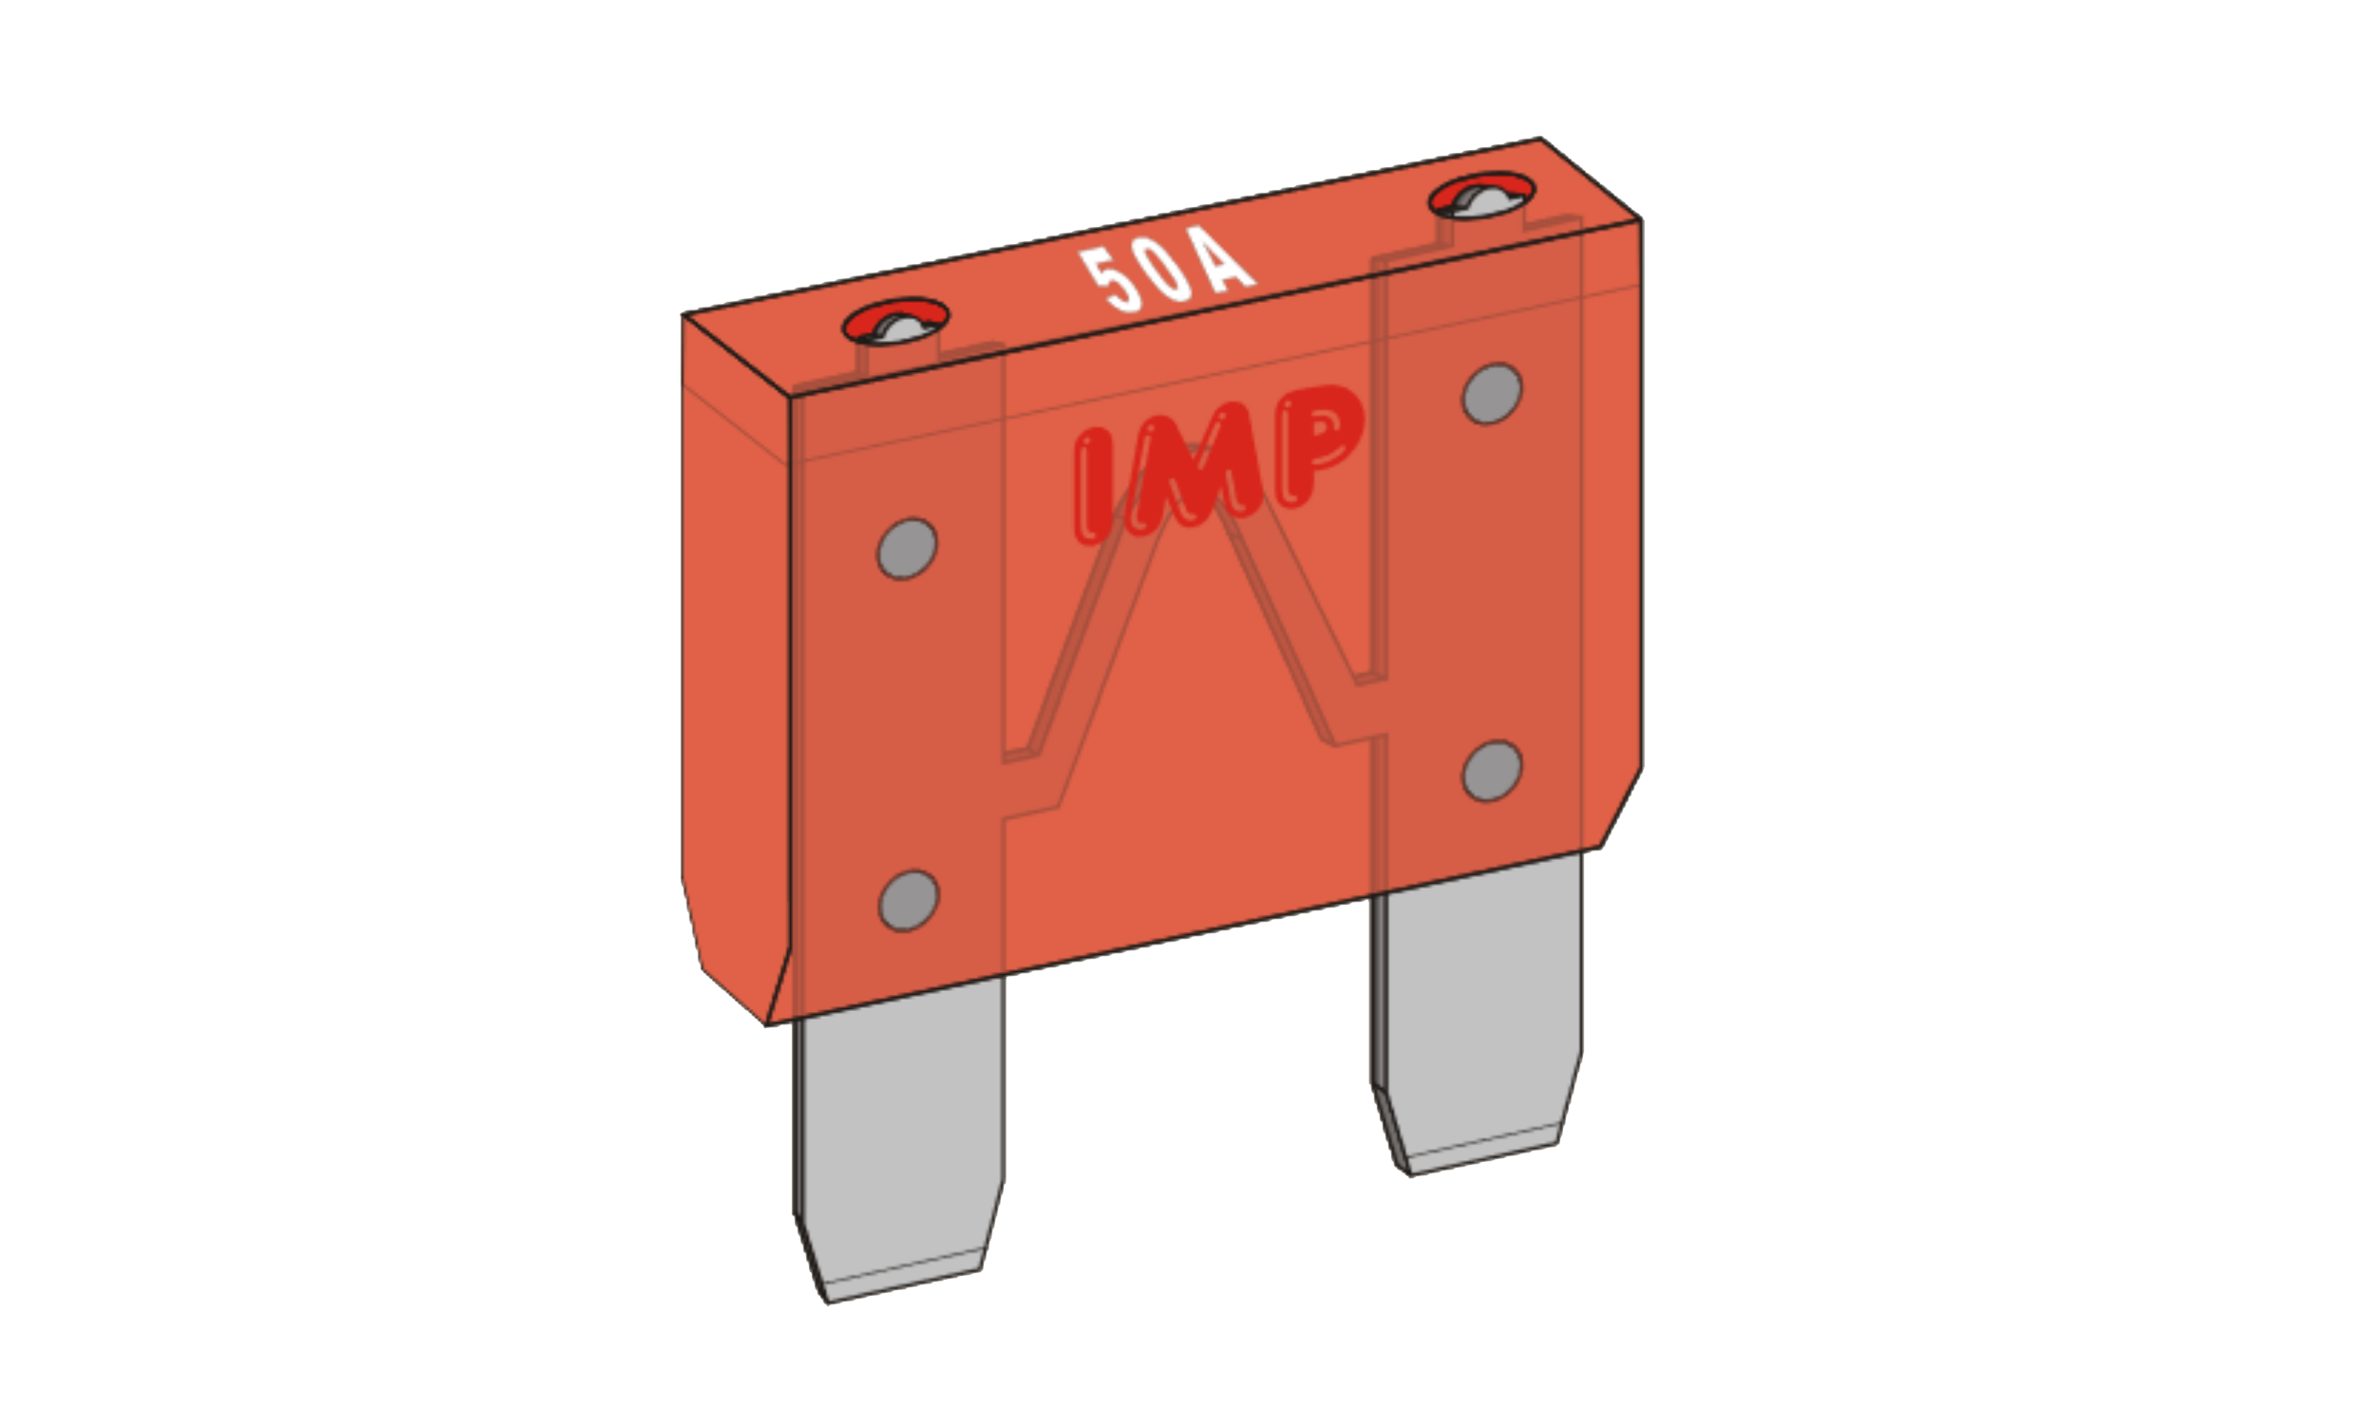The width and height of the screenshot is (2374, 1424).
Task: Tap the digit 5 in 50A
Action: tap(1111, 281)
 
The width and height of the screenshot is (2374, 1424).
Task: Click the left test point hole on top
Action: tap(896, 322)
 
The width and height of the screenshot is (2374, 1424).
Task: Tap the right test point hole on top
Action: tap(1481, 196)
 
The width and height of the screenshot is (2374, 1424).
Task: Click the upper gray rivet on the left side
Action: tap(907, 549)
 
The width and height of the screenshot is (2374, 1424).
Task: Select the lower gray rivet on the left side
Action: tap(909, 900)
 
